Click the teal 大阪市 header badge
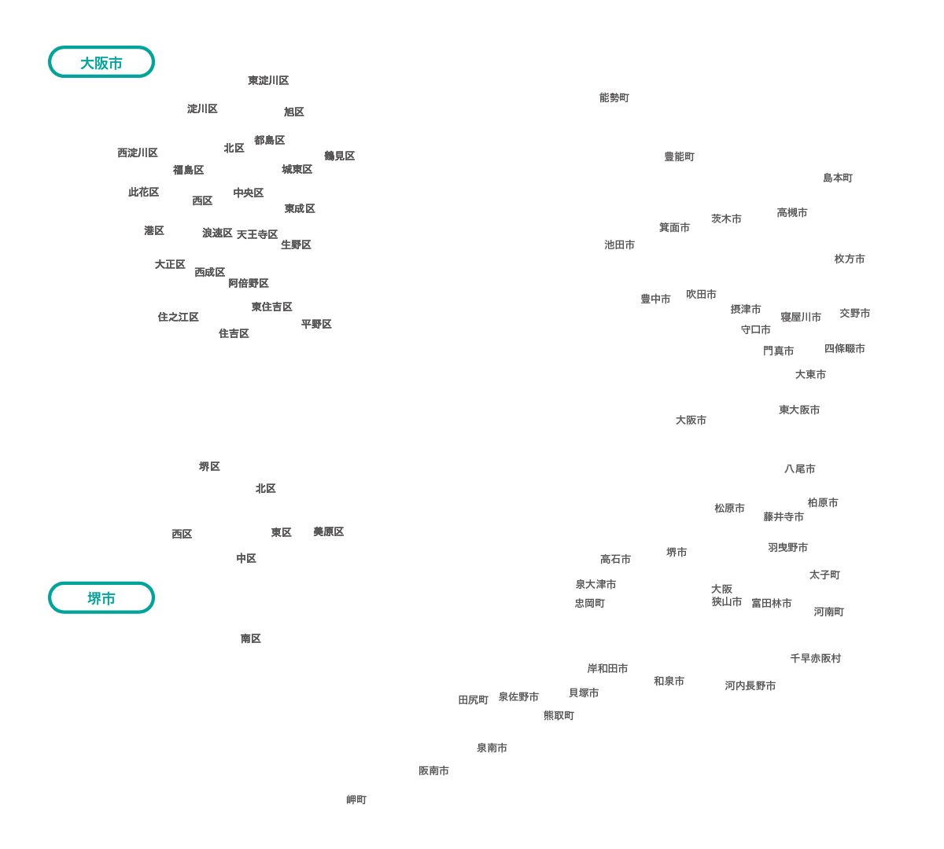(101, 63)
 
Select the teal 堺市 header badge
(101, 598)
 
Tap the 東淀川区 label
(268, 81)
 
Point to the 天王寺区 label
(257, 234)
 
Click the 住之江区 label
(179, 317)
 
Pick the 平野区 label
(316, 324)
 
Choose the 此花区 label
(144, 192)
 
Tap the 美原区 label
(329, 532)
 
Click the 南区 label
(251, 638)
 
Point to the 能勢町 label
(614, 97)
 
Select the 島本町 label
(838, 178)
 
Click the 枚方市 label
(850, 259)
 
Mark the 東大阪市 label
(799, 410)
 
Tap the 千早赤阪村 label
(816, 658)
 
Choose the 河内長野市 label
(750, 685)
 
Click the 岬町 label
(356, 799)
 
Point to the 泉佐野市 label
(519, 696)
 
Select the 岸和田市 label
(607, 668)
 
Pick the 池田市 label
(620, 244)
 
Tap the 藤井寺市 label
(784, 516)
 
